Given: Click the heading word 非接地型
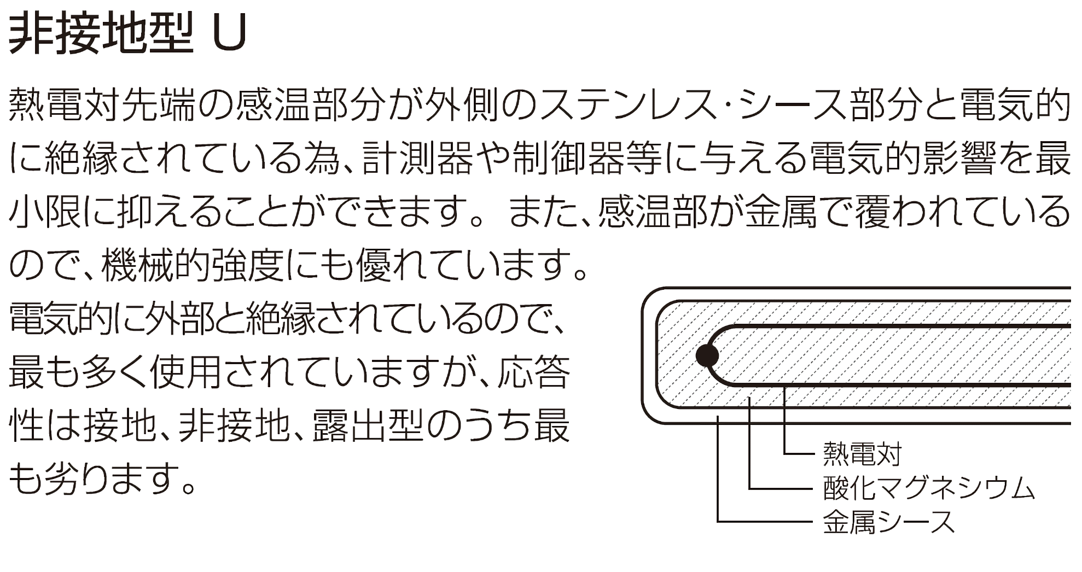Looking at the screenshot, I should (x=102, y=34).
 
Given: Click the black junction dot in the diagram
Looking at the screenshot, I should (x=707, y=355).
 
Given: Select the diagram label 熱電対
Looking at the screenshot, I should (x=862, y=454).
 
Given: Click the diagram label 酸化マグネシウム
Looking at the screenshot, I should (x=928, y=488).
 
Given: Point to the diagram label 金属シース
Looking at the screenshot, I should (x=888, y=521).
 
